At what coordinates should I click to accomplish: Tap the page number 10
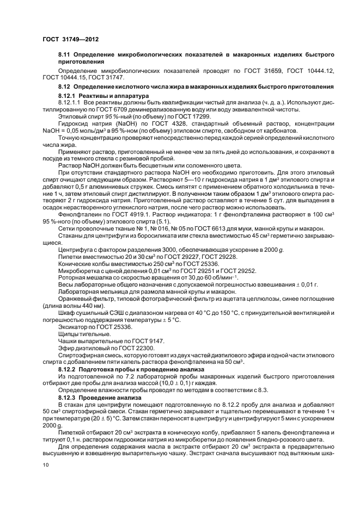[46, 465]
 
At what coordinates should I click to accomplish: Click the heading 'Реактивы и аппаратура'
[110, 96]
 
